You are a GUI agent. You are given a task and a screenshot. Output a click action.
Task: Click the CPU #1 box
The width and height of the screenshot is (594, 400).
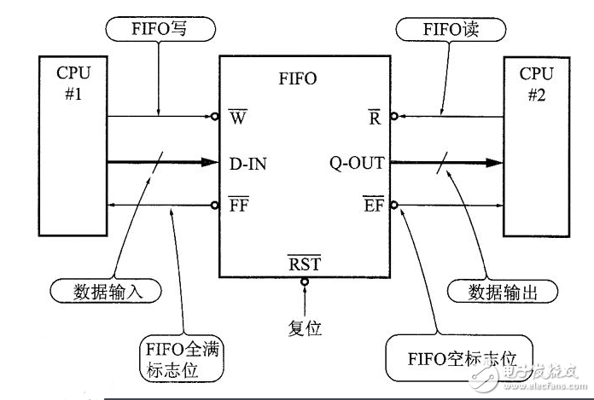[x=73, y=145]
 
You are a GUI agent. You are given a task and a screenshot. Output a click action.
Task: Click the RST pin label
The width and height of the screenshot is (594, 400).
[x=305, y=264]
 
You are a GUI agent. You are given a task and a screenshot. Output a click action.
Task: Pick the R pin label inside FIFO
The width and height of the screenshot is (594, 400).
[x=374, y=118]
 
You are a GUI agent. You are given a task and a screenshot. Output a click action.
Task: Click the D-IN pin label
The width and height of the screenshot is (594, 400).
[x=248, y=162]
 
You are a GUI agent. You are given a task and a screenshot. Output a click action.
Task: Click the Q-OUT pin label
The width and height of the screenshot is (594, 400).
[x=357, y=162]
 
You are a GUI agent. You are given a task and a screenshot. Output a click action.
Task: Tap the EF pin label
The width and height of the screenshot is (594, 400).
[x=373, y=206]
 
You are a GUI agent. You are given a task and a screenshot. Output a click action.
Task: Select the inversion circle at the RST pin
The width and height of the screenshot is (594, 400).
[x=305, y=281]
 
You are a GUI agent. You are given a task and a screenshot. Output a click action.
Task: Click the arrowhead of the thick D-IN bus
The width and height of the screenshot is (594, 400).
[x=211, y=161]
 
